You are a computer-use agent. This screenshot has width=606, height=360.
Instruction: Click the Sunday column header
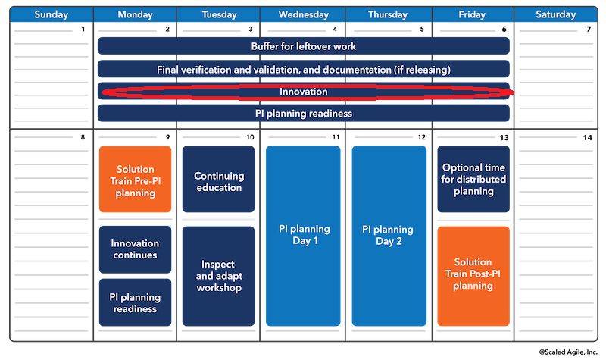point(52,14)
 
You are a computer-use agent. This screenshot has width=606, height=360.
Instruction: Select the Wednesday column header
point(302,14)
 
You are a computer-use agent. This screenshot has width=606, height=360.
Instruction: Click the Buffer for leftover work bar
point(303,46)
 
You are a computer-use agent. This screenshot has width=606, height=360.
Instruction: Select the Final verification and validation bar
point(303,70)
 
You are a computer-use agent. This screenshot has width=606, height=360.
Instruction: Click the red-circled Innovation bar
point(303,92)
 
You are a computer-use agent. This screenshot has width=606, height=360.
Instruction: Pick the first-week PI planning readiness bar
point(303,114)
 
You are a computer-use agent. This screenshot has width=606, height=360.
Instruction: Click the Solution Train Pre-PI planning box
point(136,180)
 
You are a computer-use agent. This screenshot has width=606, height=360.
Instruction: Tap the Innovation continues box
point(136,249)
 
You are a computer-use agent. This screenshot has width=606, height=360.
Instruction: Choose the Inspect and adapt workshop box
point(218,276)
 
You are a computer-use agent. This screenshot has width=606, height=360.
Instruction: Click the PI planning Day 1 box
point(303,236)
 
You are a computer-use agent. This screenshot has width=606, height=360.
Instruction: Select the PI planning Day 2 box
point(389,236)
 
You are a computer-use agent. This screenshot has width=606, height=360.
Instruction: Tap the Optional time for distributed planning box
point(473,180)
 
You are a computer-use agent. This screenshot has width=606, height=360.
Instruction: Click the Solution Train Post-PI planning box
point(473,275)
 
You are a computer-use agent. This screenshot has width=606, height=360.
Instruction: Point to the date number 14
point(587,138)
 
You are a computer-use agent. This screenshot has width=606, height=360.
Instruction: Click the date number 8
point(83,138)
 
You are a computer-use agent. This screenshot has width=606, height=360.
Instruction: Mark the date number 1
point(83,30)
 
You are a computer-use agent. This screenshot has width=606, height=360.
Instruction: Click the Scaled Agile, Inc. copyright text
point(569,352)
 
